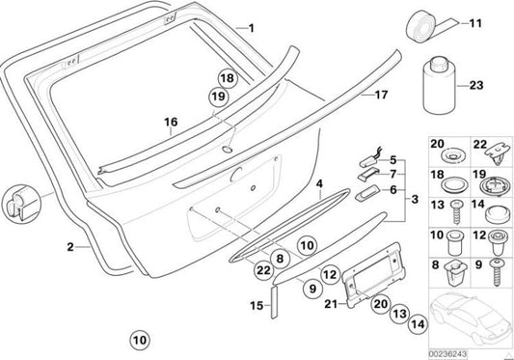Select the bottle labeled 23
(439, 85)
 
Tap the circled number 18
(228, 78)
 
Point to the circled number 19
(218, 97)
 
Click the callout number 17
(381, 95)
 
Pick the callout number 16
(171, 122)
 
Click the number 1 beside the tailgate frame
(251, 28)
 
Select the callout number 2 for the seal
(70, 247)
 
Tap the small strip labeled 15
(274, 302)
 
